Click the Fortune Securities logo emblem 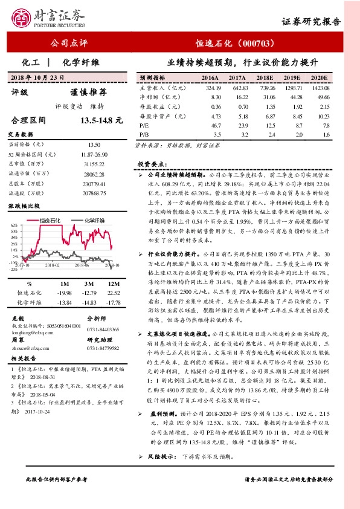[x=22, y=18]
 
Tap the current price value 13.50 [x=94, y=146]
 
